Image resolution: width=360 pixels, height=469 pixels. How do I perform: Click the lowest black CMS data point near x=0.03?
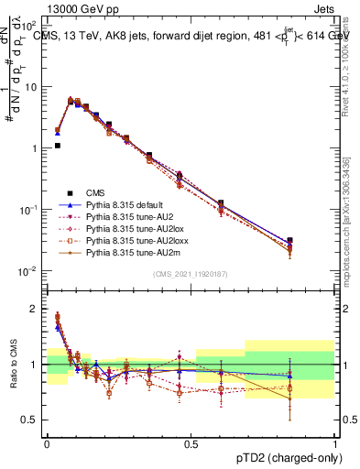tap(58, 145)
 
